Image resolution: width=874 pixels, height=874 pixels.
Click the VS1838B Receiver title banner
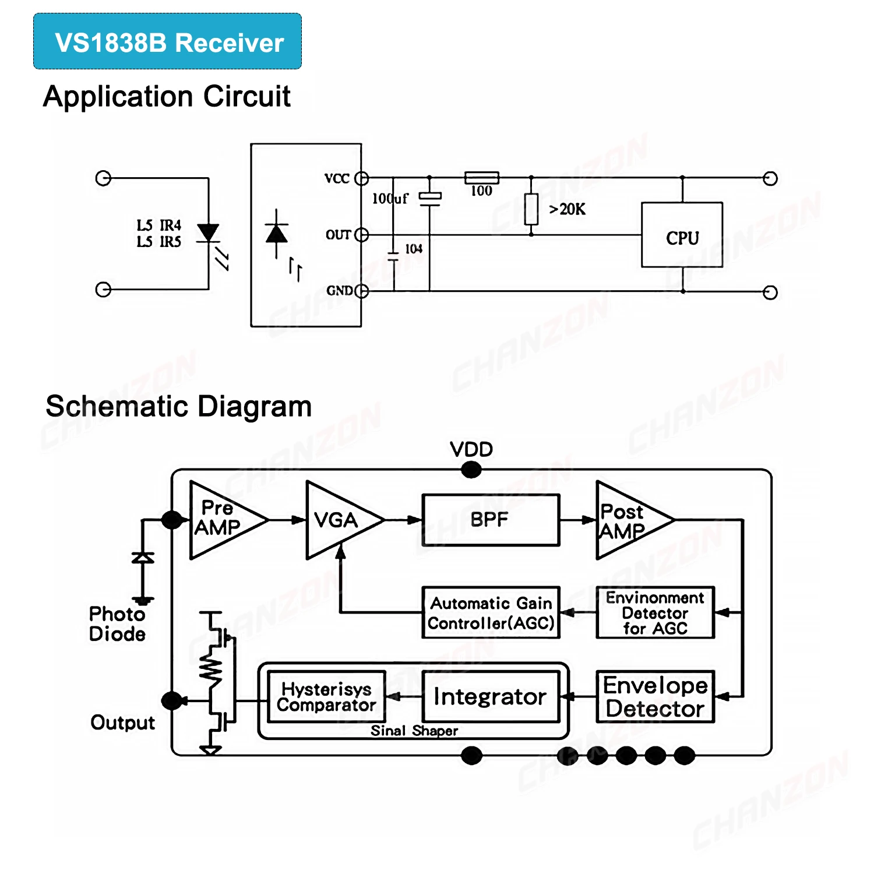click(168, 41)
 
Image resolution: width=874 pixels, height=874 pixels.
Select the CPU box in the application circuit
click(682, 235)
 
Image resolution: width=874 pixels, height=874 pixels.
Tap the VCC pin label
click(337, 178)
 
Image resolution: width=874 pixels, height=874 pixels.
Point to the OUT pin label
click(338, 235)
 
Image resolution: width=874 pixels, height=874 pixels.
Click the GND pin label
click(339, 291)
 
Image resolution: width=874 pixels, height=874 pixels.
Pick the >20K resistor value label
click(567, 209)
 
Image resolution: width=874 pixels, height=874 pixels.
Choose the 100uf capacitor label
click(390, 199)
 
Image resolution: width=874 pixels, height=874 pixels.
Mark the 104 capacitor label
click(414, 249)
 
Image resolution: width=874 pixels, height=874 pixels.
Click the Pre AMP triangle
click(221, 519)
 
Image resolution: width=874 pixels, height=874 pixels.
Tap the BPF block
click(491, 520)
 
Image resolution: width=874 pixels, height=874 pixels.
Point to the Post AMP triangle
click(626, 520)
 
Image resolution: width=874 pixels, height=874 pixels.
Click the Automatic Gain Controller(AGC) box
click(491, 613)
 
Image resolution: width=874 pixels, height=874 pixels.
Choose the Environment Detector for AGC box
click(655, 613)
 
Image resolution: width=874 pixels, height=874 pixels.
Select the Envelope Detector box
click(655, 697)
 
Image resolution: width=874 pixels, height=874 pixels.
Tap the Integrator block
click(491, 697)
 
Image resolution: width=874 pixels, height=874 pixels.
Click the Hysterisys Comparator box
click(326, 697)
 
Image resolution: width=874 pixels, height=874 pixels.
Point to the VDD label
click(471, 449)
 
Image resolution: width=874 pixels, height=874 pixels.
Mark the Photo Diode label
click(117, 623)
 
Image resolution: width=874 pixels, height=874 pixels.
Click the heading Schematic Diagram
click(178, 406)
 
